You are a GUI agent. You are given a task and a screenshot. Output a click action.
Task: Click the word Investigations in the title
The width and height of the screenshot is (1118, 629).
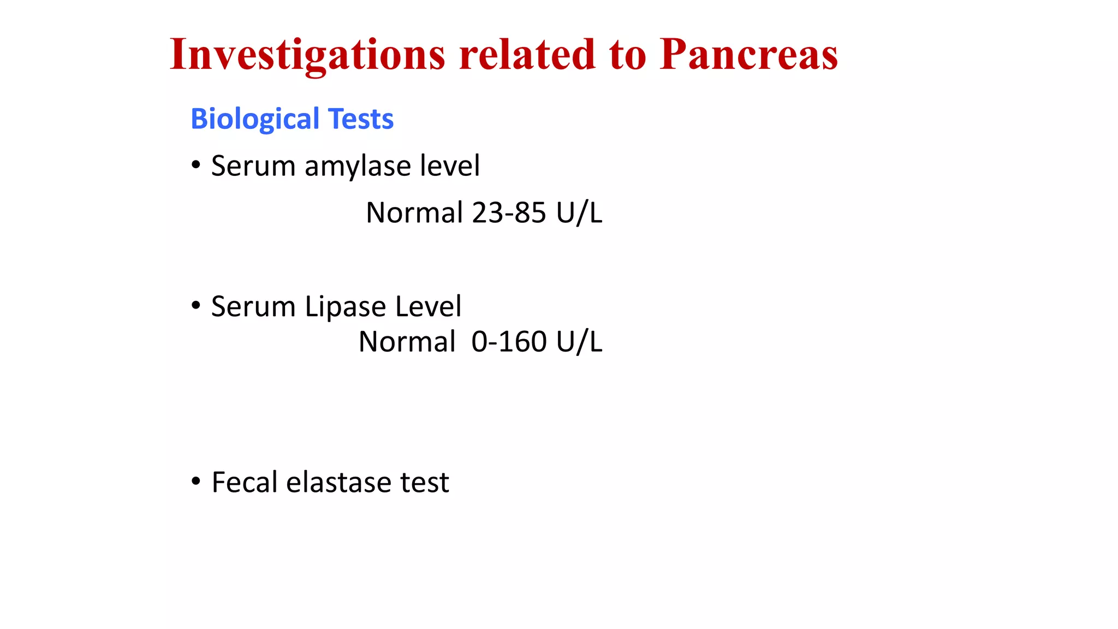pos(307,55)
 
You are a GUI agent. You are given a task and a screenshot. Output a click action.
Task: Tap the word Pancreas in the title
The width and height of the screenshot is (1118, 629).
pos(748,55)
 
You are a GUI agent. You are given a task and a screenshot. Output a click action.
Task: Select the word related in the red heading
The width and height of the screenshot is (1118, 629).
pos(527,55)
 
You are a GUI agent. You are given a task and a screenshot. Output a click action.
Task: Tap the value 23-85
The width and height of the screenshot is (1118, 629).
pos(509,212)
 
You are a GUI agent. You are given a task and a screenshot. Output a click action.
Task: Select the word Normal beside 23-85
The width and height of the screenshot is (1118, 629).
pos(414,212)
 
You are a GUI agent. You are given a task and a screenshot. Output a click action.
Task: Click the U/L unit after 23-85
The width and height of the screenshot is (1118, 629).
pos(579,212)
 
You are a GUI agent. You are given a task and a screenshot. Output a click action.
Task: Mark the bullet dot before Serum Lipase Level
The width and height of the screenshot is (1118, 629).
pos(196,305)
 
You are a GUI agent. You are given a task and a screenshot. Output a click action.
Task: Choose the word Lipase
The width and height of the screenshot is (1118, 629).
pos(345,306)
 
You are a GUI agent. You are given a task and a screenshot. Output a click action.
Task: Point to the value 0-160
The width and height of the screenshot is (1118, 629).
pos(509,342)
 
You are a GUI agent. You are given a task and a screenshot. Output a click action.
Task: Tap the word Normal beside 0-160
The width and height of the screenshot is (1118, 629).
pos(407,342)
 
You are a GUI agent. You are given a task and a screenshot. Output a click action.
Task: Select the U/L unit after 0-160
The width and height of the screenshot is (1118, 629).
pos(579,342)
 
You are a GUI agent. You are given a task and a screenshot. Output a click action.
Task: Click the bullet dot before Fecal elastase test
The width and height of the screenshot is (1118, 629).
pos(196,482)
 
